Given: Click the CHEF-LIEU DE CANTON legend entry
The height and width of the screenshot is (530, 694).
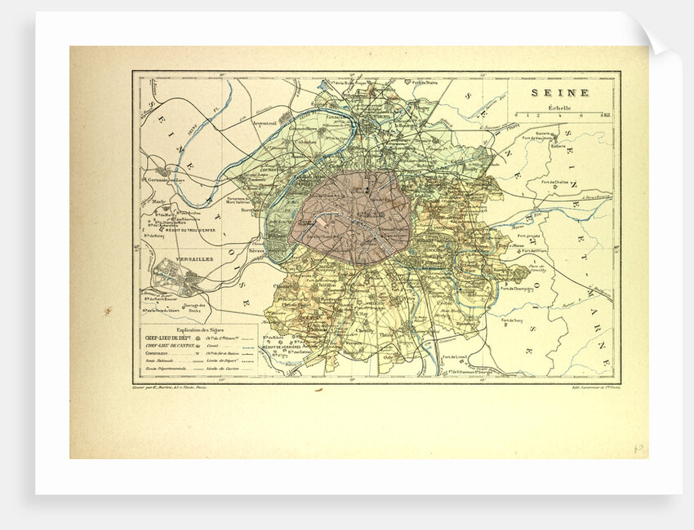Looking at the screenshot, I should click(172, 347).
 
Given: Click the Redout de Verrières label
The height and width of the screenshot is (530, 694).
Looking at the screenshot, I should click(292, 347).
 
